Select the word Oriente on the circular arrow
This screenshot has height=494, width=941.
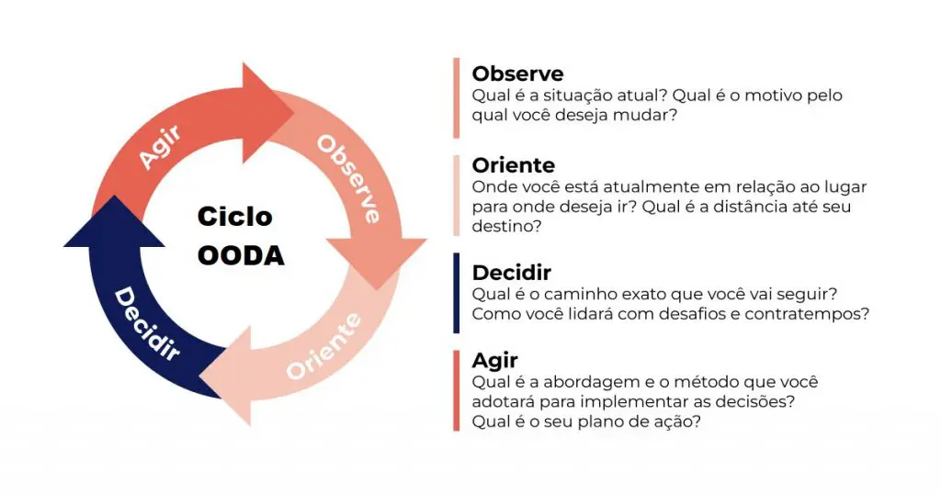(x=323, y=347)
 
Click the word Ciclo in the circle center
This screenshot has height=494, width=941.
(x=235, y=217)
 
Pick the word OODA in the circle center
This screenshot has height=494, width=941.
(x=241, y=255)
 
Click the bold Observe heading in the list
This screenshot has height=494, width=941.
(x=517, y=73)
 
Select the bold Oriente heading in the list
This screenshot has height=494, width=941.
(x=513, y=165)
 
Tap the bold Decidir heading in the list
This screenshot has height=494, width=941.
(x=511, y=273)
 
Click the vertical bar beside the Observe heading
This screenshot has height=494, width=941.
(x=456, y=97)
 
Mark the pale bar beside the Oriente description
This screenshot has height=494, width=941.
(x=456, y=196)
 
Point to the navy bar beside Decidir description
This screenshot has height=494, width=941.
(x=456, y=293)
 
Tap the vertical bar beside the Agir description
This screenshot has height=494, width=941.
(x=456, y=390)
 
